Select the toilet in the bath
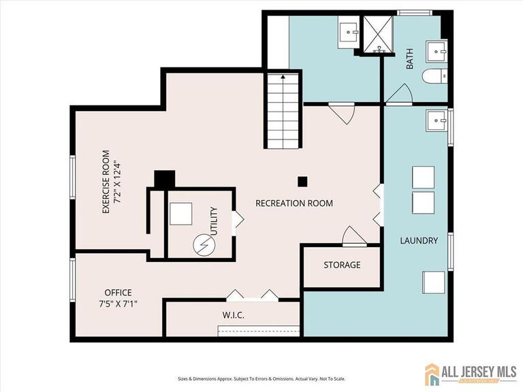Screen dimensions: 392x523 click(x=434, y=76)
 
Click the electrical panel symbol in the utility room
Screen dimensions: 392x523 click(x=202, y=243)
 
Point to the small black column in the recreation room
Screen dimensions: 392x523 click(x=302, y=181)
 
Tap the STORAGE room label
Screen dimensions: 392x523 click(x=342, y=265)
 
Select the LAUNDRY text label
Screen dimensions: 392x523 click(x=419, y=240)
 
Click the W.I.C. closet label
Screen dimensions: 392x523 click(x=233, y=316)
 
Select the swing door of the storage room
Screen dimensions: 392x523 click(x=353, y=236)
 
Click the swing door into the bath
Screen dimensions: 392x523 click(x=399, y=94)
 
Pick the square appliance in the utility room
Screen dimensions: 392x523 click(x=181, y=214)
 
